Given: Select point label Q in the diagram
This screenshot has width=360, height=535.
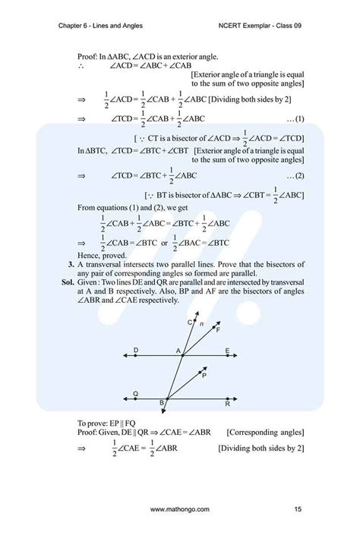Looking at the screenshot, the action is pyautogui.click(x=135, y=393).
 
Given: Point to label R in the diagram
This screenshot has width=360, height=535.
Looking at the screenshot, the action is pyautogui.click(x=227, y=404).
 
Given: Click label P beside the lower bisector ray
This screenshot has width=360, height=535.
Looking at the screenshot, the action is pyautogui.click(x=204, y=375).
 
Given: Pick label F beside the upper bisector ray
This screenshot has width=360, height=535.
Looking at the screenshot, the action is pyautogui.click(x=218, y=330).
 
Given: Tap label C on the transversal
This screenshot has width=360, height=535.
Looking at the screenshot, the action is pyautogui.click(x=190, y=323).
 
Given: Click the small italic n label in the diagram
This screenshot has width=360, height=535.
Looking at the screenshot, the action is pyautogui.click(x=201, y=324).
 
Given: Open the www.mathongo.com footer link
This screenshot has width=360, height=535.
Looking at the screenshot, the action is pyautogui.click(x=180, y=507).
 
